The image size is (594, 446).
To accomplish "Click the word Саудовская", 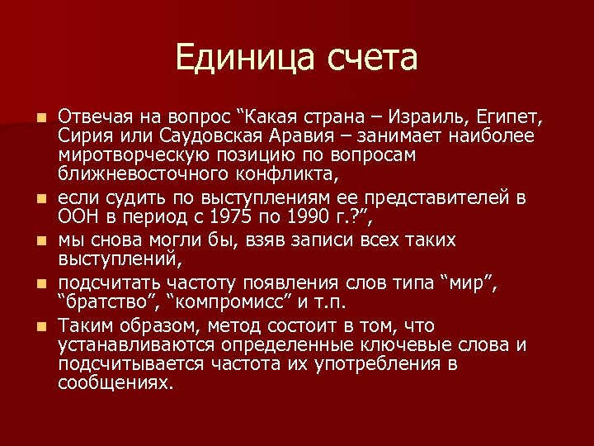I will [196, 135].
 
